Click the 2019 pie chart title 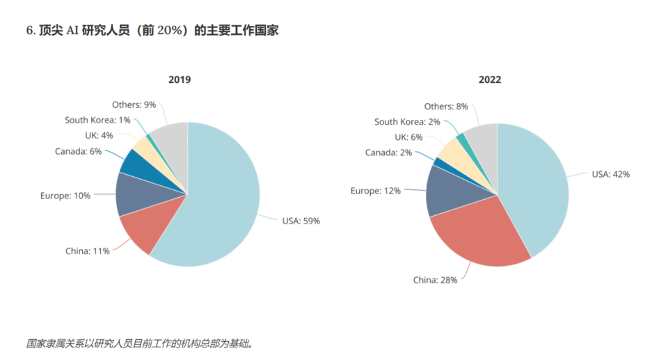(x=180, y=79)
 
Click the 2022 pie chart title (x=489, y=79)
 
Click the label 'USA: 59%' (x=301, y=221)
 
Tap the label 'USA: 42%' (x=610, y=174)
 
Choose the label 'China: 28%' (x=435, y=280)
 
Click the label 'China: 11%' (x=87, y=251)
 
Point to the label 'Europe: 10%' (x=65, y=196)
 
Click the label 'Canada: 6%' (x=78, y=151)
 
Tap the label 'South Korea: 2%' (x=406, y=122)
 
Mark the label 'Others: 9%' (x=134, y=104)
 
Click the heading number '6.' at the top (x=31, y=30)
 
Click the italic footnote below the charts (x=139, y=343)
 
